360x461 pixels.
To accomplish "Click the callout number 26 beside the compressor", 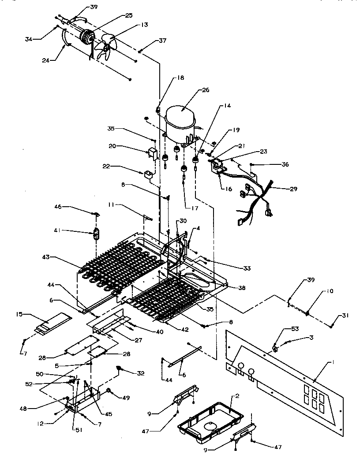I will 205,90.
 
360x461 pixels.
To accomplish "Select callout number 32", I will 140,373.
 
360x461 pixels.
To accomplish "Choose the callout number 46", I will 59,206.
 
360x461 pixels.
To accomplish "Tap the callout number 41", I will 59,230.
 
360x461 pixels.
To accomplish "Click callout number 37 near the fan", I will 162,41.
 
